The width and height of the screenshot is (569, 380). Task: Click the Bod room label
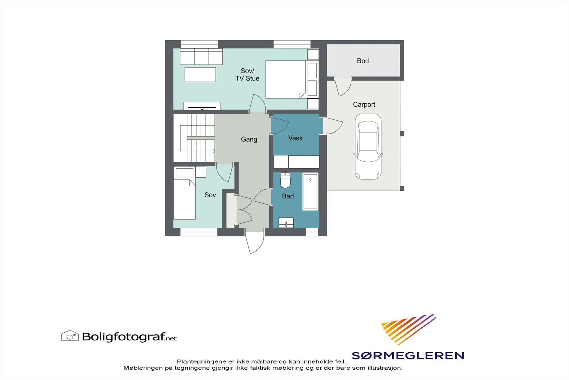click(363, 61)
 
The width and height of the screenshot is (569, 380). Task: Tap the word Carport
click(364, 105)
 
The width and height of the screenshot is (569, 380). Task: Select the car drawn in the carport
click(368, 146)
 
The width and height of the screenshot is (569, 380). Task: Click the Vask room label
click(296, 138)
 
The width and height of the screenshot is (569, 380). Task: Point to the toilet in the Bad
click(285, 180)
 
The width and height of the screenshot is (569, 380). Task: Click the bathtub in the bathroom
click(310, 192)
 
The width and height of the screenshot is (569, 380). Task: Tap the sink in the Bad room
click(286, 223)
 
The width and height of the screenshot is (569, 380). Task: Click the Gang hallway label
click(249, 139)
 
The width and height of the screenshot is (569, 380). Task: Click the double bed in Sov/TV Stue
click(286, 79)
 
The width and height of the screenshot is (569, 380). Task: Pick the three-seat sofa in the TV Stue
click(201, 57)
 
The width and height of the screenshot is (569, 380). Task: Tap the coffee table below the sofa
click(200, 74)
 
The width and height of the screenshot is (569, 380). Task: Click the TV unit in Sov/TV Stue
click(202, 106)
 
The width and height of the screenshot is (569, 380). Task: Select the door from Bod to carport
click(343, 87)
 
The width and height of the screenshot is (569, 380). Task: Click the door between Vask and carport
click(333, 126)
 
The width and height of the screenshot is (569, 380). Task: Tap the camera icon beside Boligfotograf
click(70, 335)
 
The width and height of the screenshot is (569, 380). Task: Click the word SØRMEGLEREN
click(408, 355)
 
